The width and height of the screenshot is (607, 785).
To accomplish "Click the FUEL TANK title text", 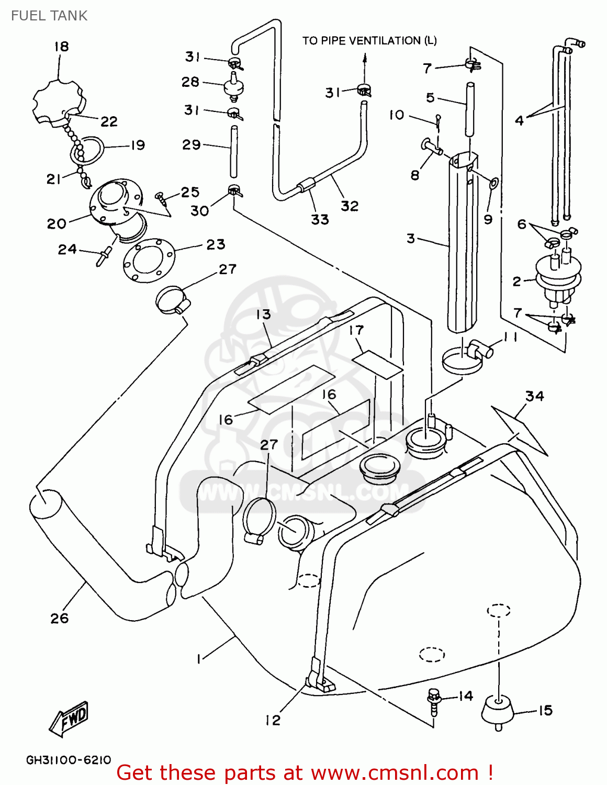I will tap(49, 16).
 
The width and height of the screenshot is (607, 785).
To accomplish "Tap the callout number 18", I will tap(61, 47).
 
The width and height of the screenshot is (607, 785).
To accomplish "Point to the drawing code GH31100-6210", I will tap(69, 760).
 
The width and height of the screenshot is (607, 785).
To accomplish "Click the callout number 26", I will tap(60, 618).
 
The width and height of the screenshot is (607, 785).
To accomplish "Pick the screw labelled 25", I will tap(161, 198).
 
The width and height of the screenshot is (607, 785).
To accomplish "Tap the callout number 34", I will tap(535, 396).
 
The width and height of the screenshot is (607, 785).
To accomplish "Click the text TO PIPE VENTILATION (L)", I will tap(369, 41).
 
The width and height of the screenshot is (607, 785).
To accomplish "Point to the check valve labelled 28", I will tap(234, 87).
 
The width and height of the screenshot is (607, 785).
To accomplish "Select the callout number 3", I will tap(411, 239).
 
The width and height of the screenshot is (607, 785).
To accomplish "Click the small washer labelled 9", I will tap(493, 183).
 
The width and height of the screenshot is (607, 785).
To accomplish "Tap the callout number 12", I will tap(273, 720).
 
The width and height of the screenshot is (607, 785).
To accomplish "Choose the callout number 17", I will tap(356, 330).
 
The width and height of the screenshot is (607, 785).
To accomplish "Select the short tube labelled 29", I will tap(234, 152).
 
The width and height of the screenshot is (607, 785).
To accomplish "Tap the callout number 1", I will tap(199, 659).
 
